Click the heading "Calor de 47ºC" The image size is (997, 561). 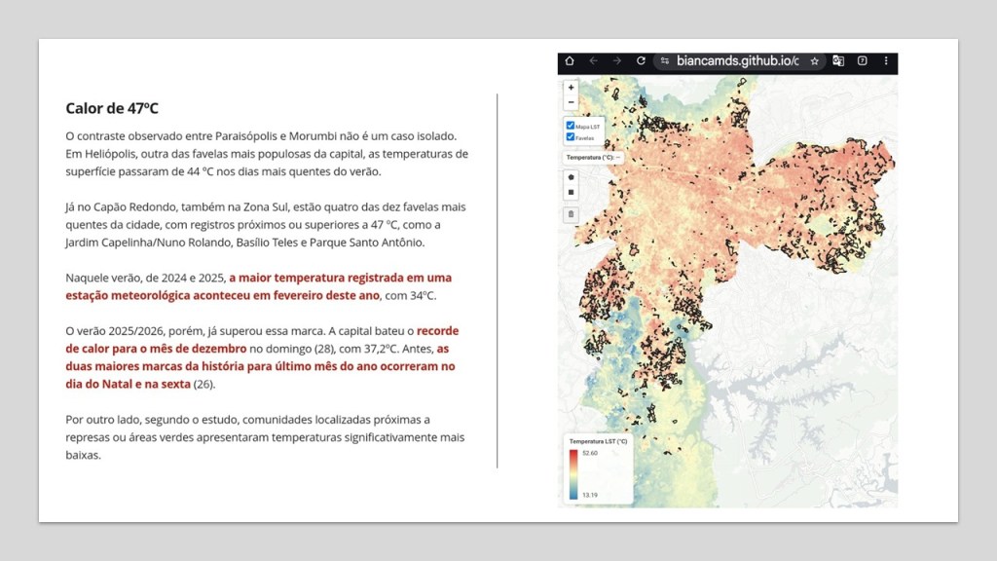112,108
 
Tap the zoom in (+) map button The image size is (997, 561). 571,88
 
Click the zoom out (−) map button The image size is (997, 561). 571,102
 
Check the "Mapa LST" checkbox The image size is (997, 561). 571,126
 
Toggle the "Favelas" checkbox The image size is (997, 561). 571,137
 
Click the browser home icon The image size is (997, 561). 570,60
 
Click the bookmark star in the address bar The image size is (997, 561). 815,60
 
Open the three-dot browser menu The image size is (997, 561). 887,60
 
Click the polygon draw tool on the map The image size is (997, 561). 571,176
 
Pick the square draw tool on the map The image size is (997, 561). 571,192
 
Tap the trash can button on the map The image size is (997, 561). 571,213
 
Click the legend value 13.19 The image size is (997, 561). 590,495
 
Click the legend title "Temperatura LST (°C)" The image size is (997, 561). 597,441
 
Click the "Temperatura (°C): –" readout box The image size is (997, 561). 592,156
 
